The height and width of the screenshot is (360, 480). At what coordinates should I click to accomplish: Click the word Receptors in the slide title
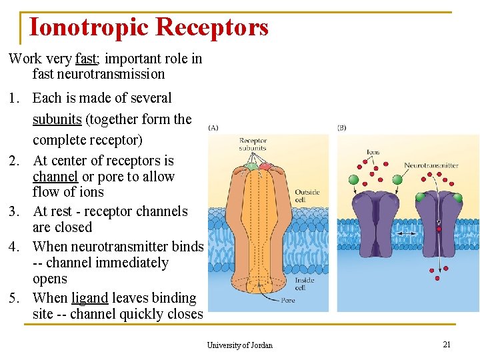(211, 27)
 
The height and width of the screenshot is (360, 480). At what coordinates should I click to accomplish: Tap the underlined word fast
(86, 59)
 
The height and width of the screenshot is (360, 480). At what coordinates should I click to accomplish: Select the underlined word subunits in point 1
(57, 119)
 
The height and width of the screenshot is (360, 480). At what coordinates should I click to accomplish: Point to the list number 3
(14, 211)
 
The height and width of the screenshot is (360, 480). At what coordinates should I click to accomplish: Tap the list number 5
(14, 298)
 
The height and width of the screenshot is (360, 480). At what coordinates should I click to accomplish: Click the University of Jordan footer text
(239, 345)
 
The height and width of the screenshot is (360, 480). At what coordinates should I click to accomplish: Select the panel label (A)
(213, 127)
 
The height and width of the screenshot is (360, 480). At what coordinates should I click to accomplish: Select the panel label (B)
(342, 127)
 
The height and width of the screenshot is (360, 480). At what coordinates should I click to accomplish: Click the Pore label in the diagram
(288, 301)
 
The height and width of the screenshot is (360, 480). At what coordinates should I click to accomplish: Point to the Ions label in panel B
(373, 153)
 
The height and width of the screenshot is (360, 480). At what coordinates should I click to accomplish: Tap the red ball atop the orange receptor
(265, 166)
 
